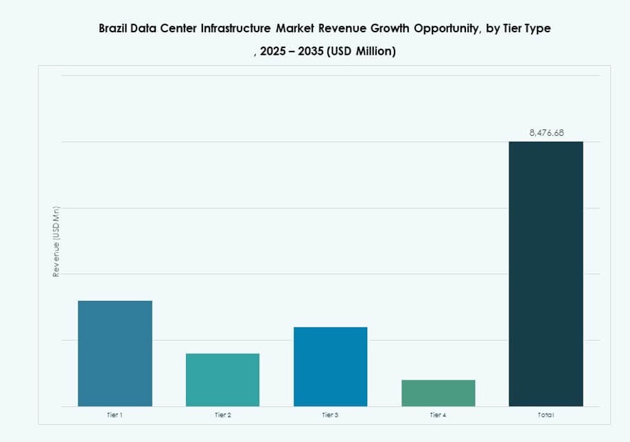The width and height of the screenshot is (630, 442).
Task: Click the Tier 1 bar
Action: point(115,353)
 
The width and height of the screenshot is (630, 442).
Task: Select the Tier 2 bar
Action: point(222,380)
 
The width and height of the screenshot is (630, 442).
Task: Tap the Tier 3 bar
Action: point(330,367)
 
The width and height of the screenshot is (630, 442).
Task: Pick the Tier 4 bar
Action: point(438,393)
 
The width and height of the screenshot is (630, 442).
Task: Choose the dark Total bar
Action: point(546,274)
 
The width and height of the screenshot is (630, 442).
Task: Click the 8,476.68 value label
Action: point(546,133)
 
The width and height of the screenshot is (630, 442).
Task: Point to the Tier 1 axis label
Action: point(115,415)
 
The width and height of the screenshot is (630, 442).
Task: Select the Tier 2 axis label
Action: point(222,415)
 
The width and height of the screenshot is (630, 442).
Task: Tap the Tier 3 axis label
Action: point(330,415)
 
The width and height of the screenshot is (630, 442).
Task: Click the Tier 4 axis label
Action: point(438,415)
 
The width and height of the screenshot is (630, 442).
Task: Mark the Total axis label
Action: point(546,415)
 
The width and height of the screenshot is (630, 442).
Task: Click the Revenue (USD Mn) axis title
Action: point(56,241)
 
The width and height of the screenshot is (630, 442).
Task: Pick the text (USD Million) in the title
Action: point(362,52)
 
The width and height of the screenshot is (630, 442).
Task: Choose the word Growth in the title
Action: point(388,29)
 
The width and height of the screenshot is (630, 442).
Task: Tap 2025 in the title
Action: point(275,52)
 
